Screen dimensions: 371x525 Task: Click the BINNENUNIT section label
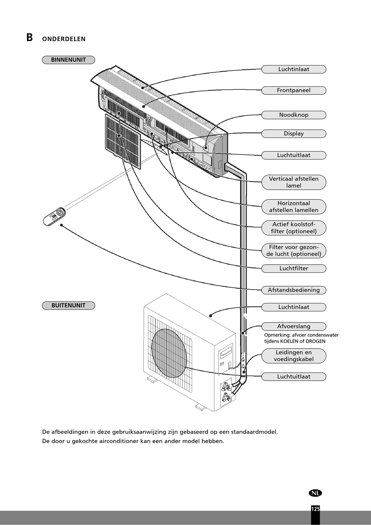click(68, 60)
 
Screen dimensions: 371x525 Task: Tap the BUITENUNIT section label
click(68, 305)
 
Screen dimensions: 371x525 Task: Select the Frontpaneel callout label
click(294, 91)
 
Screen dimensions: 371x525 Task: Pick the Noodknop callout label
click(294, 115)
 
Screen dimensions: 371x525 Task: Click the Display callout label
click(294, 133)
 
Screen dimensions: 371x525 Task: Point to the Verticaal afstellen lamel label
click(294, 182)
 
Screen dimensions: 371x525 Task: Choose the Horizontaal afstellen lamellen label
click(294, 207)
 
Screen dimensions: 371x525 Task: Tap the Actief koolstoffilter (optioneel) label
click(294, 228)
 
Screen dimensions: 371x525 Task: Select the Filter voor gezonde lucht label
click(294, 251)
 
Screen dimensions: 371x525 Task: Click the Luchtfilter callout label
click(294, 269)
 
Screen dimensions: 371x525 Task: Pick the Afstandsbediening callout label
click(294, 290)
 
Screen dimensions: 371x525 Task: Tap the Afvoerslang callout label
click(294, 326)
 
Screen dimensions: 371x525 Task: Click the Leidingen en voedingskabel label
click(294, 356)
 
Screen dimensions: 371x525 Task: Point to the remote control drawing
click(55, 217)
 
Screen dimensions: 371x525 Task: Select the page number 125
click(316, 509)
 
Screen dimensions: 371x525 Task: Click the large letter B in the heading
click(30, 37)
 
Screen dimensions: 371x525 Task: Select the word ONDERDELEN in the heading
click(64, 39)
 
